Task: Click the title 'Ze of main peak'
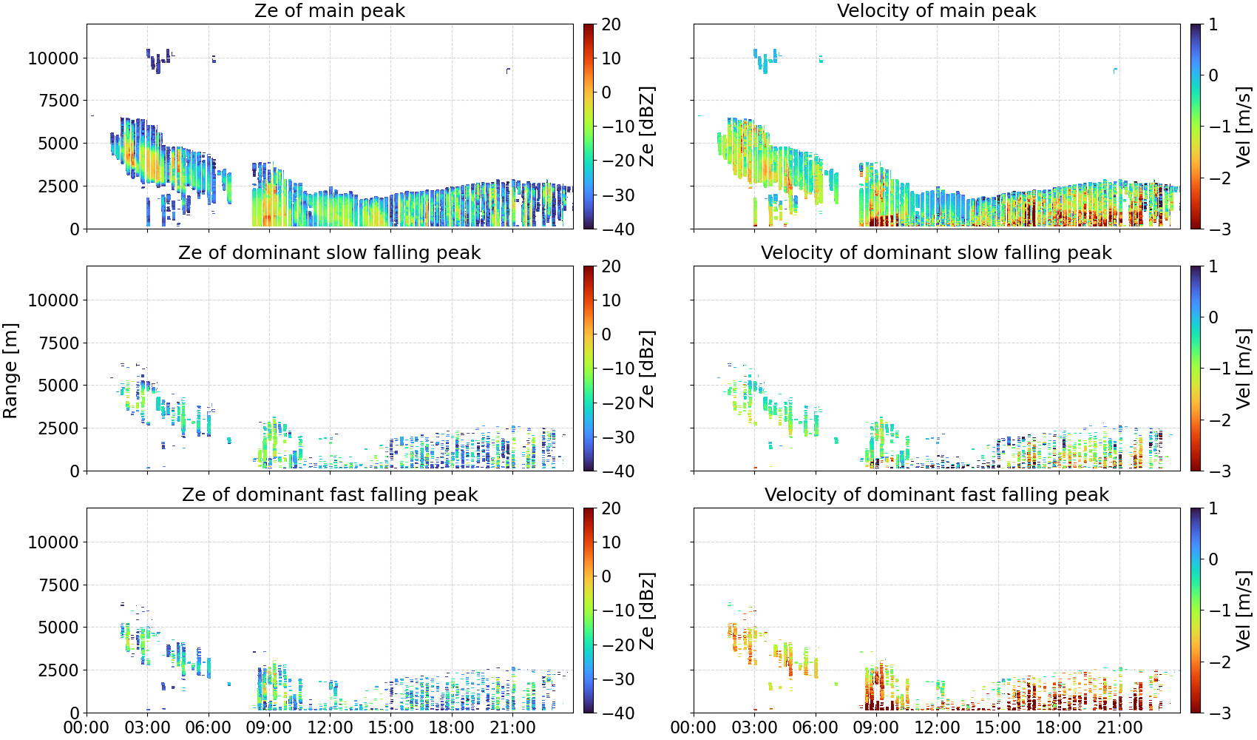(329, 10)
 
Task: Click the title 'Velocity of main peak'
(937, 10)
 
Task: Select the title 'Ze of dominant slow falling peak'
(329, 252)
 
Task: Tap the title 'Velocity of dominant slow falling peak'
(937, 252)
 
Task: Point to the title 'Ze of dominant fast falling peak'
(329, 494)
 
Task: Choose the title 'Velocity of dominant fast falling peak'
(937, 494)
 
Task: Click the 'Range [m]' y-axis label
(10, 371)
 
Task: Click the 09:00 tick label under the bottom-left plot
(269, 727)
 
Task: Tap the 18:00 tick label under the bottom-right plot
(1058, 727)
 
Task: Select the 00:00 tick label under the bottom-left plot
(87, 727)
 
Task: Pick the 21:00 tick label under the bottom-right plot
(1119, 727)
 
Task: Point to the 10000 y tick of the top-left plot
(53, 58)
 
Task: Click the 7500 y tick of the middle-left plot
(58, 343)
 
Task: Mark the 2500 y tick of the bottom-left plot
(58, 670)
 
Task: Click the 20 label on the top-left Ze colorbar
(611, 24)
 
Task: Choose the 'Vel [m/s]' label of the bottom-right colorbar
(1244, 610)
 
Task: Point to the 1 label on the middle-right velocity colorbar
(1213, 266)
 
